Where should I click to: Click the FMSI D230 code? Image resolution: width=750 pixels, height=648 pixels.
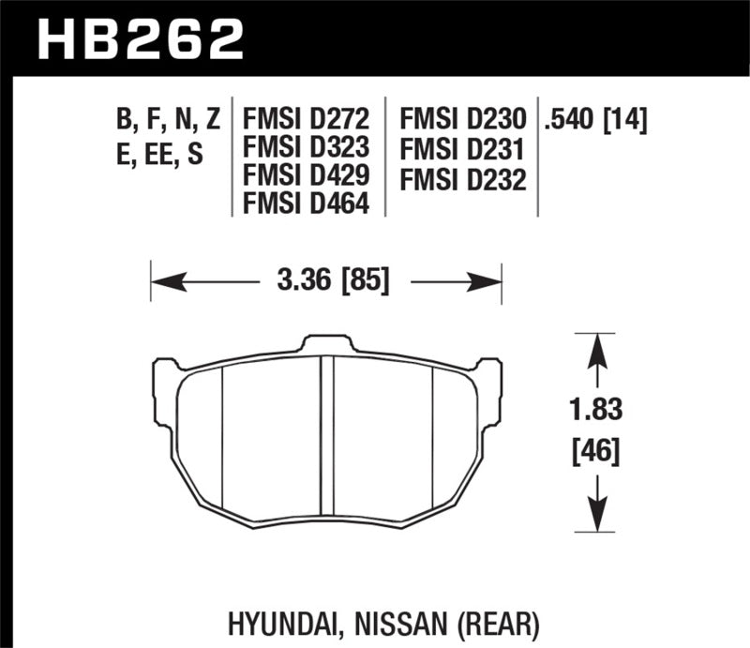(x=462, y=119)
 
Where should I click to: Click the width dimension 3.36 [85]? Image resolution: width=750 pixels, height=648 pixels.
(x=327, y=280)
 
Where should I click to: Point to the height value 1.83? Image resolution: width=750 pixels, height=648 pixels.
(x=593, y=410)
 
